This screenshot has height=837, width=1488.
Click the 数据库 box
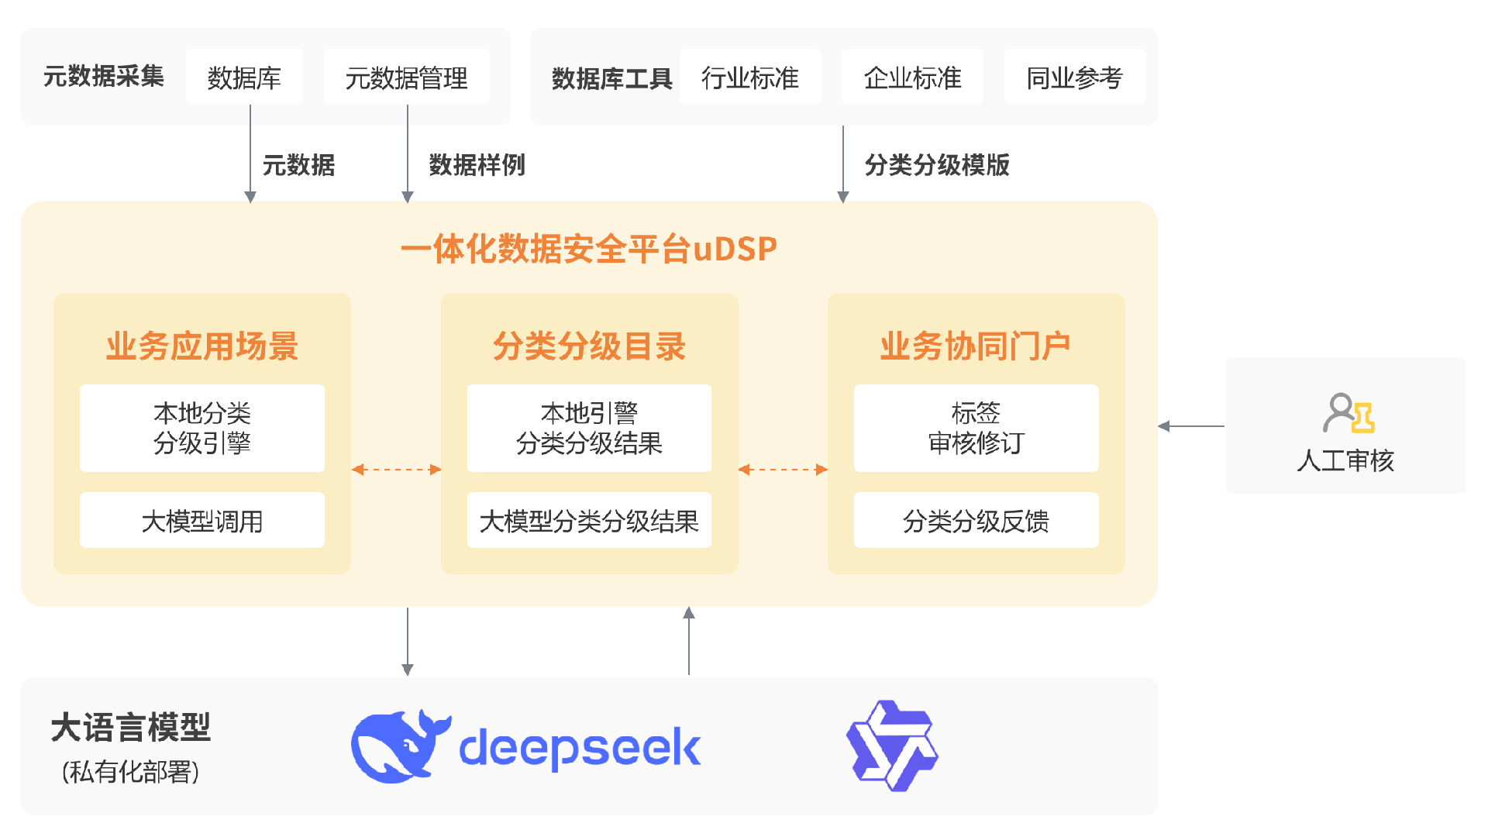point(244,77)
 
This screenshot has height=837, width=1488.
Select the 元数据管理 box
point(406,77)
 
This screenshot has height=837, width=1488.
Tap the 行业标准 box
point(749,77)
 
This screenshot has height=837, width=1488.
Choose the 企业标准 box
point(912,77)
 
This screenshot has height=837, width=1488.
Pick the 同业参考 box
point(1074,77)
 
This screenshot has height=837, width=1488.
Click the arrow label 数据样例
point(477,165)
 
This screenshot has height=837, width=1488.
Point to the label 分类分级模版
point(937,165)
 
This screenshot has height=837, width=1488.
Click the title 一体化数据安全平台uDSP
point(589,249)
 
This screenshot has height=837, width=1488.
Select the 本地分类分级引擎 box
point(201,428)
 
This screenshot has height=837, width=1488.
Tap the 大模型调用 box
point(201,521)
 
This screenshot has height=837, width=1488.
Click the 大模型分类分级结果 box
point(589,521)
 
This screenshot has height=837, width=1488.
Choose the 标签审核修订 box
point(976,428)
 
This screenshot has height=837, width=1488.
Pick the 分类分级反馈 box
point(976,521)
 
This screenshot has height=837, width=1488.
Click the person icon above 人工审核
point(1348,413)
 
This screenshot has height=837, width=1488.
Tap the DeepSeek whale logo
point(399,746)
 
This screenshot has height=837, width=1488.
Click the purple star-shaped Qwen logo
point(891,746)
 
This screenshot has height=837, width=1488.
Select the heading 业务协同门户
point(975,346)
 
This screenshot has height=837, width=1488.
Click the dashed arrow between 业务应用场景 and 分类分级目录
point(396,470)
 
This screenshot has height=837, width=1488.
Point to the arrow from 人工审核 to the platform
point(1191,426)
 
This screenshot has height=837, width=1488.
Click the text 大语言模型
point(130,728)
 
